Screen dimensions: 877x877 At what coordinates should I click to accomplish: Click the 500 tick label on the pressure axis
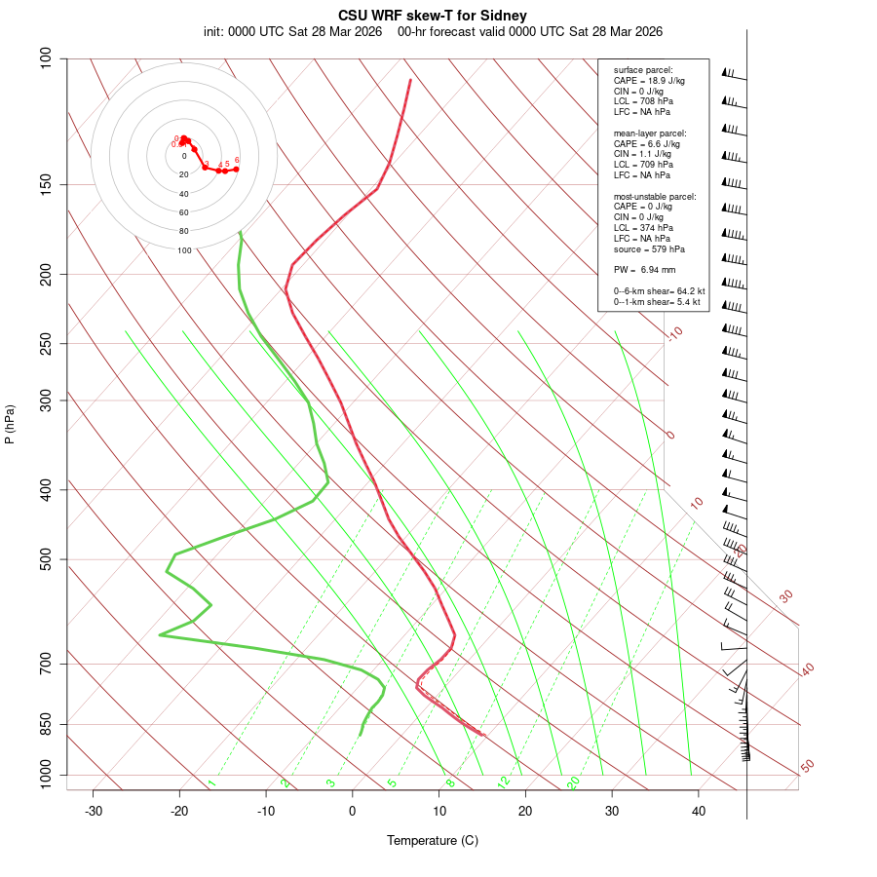pyautogui.click(x=46, y=559)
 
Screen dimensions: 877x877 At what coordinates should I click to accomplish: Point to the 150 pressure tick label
pyautogui.click(x=46, y=184)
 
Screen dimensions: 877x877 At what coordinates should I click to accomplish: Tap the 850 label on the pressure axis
pyautogui.click(x=46, y=724)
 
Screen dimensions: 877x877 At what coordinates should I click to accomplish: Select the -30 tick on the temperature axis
pyautogui.click(x=94, y=811)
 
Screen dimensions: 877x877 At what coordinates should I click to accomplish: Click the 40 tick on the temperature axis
pyautogui.click(x=699, y=811)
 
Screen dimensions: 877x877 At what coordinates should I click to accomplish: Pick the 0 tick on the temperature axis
pyautogui.click(x=353, y=811)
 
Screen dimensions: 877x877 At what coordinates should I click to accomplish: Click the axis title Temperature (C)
pyautogui.click(x=433, y=840)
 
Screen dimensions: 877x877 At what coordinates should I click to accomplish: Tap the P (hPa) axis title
pyautogui.click(x=10, y=425)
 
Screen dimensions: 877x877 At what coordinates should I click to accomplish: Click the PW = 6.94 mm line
pyautogui.click(x=644, y=269)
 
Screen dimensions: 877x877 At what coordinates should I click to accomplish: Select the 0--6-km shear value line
pyautogui.click(x=657, y=290)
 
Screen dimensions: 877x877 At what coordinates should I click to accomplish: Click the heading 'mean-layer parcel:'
pyautogui.click(x=650, y=133)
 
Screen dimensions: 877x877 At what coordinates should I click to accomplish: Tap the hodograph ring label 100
pyautogui.click(x=184, y=250)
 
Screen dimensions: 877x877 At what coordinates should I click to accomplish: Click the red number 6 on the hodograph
pyautogui.click(x=237, y=161)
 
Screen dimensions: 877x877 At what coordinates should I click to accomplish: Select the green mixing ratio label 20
pyautogui.click(x=573, y=782)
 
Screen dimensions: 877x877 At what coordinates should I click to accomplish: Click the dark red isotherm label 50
pyautogui.click(x=807, y=767)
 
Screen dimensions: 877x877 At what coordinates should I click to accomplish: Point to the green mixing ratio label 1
pyautogui.click(x=211, y=783)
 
